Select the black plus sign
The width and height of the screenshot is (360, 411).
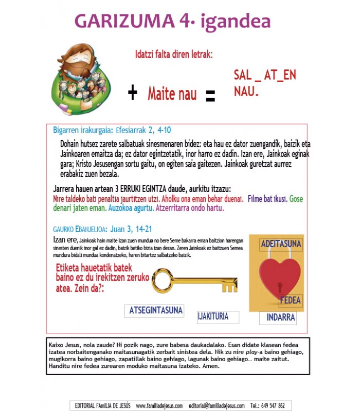[x=133, y=93]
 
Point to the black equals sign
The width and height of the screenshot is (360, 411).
[x=210, y=96]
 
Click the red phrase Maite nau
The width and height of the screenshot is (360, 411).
[x=172, y=94]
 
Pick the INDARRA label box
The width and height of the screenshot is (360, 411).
[x=280, y=317]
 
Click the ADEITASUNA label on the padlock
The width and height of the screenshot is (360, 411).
[x=281, y=244]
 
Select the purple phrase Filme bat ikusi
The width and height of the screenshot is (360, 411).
[x=266, y=199]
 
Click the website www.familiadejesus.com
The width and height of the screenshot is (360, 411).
[x=159, y=405]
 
